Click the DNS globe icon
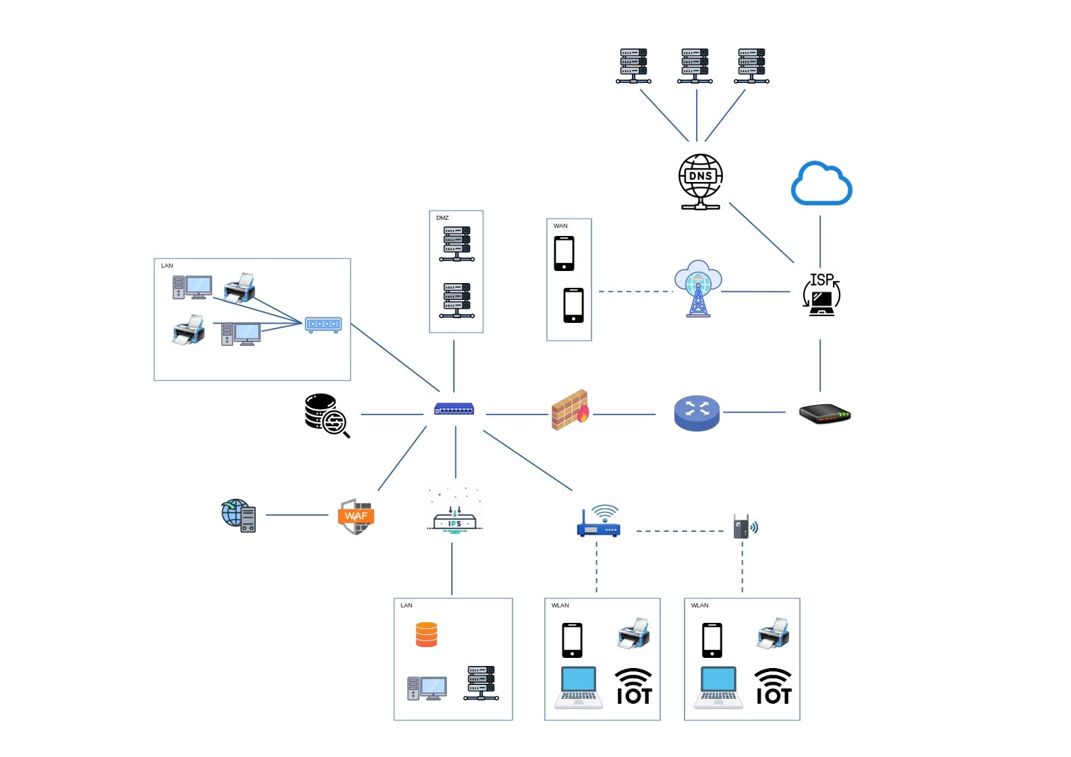(701, 181)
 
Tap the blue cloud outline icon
(821, 183)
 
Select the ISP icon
(821, 294)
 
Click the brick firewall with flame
(571, 410)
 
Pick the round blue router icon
(697, 413)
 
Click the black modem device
(825, 414)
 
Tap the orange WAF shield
(355, 516)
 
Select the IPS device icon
(454, 512)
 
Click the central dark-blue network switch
(454, 409)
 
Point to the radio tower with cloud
(698, 289)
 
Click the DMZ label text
(442, 218)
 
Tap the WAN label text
(560, 226)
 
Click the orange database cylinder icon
(426, 634)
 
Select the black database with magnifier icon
(327, 415)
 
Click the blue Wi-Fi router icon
(599, 520)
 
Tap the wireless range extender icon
(745, 526)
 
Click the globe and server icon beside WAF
(239, 516)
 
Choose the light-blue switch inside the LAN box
(323, 324)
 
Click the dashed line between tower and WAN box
(636, 291)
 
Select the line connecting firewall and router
(624, 415)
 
